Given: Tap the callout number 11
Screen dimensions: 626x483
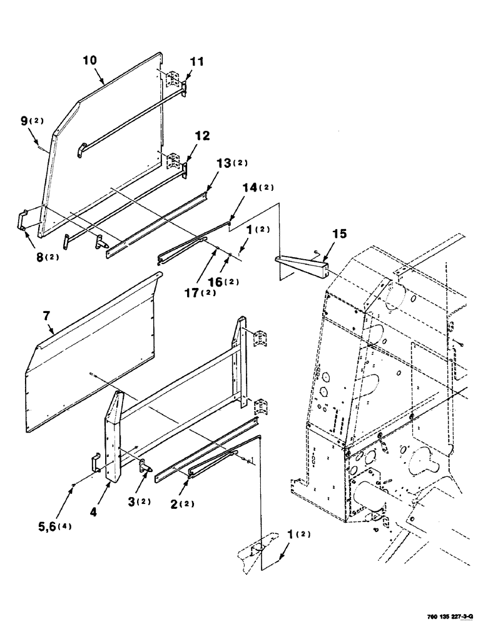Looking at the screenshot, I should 198,62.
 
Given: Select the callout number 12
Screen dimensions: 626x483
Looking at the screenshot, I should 202,135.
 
